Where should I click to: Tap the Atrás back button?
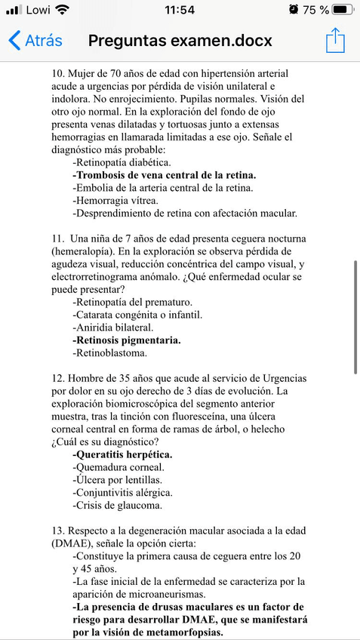35,41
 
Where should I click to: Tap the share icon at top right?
335,41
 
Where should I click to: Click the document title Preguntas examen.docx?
180,41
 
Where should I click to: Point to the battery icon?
343,10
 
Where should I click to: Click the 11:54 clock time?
179,10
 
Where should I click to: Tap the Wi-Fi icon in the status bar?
62,10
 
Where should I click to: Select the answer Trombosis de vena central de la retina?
164,175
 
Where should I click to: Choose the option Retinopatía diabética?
122,162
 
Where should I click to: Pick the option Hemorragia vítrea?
115,201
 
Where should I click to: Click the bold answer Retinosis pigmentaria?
127,340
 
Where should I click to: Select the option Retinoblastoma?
109,352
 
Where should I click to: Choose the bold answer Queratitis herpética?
122,454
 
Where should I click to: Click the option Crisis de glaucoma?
117,506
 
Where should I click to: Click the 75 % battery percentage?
315,10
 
